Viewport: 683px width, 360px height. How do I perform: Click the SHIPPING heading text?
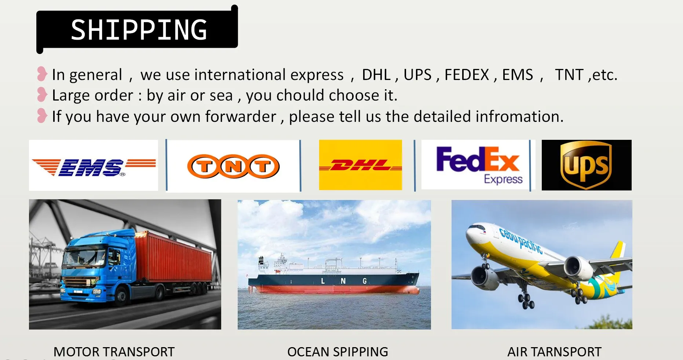pyautogui.click(x=139, y=30)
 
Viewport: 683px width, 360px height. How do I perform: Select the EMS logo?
pyautogui.click(x=94, y=167)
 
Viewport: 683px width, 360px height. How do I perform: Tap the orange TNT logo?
pyautogui.click(x=233, y=166)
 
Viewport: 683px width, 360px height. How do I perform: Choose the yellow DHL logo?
pyautogui.click(x=361, y=165)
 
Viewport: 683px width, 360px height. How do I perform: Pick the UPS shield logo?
pyautogui.click(x=586, y=165)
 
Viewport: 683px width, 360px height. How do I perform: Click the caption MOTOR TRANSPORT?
pyautogui.click(x=114, y=352)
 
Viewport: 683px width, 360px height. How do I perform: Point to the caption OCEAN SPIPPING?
pyautogui.click(x=337, y=352)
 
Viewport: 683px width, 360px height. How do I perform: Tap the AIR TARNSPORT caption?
pyautogui.click(x=554, y=352)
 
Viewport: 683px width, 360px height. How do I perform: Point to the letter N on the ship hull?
pyautogui.click(x=343, y=281)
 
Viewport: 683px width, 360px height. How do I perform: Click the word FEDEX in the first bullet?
pyautogui.click(x=467, y=75)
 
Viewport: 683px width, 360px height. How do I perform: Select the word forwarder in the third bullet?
pyautogui.click(x=241, y=117)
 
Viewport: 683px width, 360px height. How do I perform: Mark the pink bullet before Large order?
pyautogui.click(x=42, y=95)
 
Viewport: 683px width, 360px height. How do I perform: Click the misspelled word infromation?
pyautogui.click(x=518, y=117)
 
